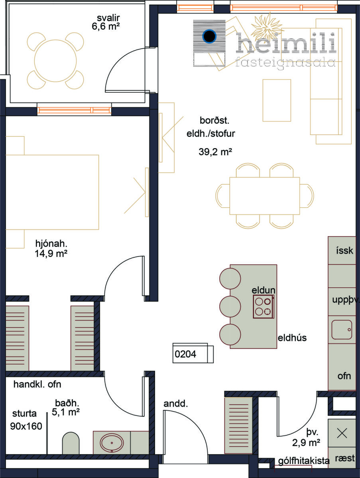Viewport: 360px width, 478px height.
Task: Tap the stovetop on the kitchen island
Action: click(x=264, y=307)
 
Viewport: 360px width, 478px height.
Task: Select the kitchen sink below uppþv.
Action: click(x=342, y=330)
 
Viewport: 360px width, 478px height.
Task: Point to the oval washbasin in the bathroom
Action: click(x=112, y=443)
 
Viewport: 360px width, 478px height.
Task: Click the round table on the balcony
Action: click(x=55, y=61)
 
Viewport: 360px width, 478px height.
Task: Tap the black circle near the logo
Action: click(x=209, y=36)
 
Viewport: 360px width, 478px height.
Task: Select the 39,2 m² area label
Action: click(x=215, y=152)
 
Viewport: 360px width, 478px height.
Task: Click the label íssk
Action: click(x=344, y=251)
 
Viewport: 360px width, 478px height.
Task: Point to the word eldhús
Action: click(x=292, y=338)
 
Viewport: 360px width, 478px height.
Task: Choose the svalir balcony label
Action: click(x=108, y=18)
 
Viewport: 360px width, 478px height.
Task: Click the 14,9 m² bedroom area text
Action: click(x=51, y=253)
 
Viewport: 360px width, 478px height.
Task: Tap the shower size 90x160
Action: click(x=26, y=426)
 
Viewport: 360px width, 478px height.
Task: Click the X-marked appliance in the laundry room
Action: click(x=342, y=433)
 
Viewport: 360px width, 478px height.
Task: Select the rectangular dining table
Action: click(x=265, y=196)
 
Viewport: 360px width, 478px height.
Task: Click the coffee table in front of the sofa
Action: click(x=277, y=100)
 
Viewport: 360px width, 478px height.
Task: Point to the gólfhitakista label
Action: click(x=303, y=461)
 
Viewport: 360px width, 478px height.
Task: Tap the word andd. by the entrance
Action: click(x=175, y=404)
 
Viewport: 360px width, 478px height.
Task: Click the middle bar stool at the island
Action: click(x=230, y=307)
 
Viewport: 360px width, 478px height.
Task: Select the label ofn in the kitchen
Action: click(x=344, y=376)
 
